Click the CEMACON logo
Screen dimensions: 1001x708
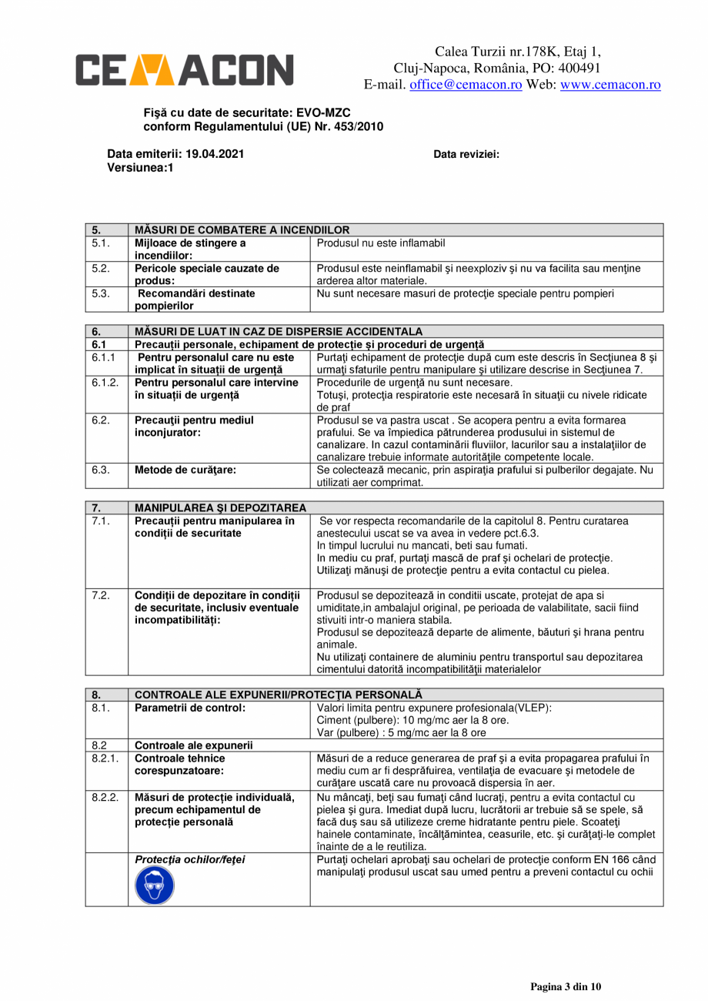click(x=184, y=69)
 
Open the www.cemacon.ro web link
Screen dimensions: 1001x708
click(x=610, y=85)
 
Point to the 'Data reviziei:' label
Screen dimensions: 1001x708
click(x=466, y=154)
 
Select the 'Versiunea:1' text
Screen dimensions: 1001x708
click(x=139, y=167)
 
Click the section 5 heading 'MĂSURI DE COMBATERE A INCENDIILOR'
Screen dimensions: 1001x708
click(x=242, y=229)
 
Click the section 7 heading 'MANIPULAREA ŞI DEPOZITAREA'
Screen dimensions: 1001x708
click(x=220, y=507)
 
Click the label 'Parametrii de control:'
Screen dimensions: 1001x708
click(x=190, y=708)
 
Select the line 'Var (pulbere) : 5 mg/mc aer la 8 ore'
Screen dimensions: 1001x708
click(x=401, y=732)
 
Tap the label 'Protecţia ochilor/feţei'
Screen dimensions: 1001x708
click(x=189, y=859)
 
